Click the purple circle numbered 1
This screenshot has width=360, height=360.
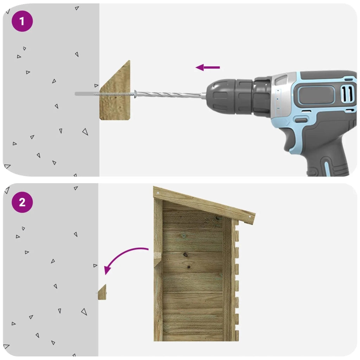(22, 21)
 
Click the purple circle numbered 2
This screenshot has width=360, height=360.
(22, 202)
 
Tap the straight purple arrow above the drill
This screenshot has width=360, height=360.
(207, 67)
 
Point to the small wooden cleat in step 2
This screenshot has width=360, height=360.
(102, 292)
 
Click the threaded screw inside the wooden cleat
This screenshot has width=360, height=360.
(117, 94)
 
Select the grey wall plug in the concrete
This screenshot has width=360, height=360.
(87, 94)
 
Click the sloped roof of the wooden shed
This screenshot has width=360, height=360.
(204, 205)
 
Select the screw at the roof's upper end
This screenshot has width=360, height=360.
(158, 193)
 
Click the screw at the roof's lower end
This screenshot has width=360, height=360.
(250, 217)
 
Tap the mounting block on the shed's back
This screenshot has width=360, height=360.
(157, 259)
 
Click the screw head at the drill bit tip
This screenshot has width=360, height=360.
(135, 94)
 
